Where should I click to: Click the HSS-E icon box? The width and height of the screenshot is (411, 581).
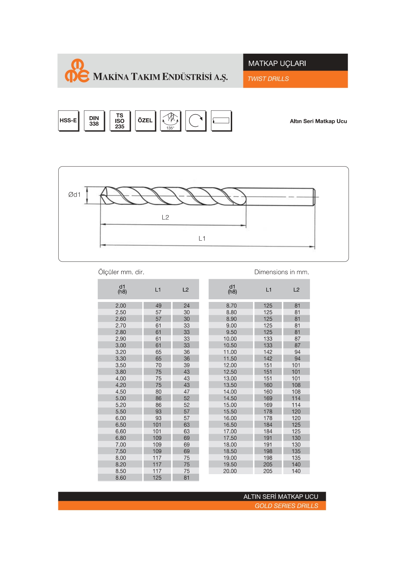coord(68,121)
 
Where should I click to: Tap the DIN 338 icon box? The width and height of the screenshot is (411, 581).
coord(94,121)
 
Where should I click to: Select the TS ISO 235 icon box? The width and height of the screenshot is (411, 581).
coord(120,121)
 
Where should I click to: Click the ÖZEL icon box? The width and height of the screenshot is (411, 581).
coord(145,121)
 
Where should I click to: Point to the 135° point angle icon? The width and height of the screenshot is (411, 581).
coord(170,121)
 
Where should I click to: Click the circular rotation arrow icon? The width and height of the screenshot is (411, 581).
coord(196,121)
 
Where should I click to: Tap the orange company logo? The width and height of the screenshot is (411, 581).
coord(77,71)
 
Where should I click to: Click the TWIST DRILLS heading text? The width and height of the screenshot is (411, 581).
coord(268,79)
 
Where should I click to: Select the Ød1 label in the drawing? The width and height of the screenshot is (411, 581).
coord(75,195)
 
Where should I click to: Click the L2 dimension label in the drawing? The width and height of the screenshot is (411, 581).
coord(165,217)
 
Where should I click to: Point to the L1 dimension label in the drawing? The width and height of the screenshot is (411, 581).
coord(202,238)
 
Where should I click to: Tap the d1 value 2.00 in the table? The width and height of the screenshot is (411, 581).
coord(121,306)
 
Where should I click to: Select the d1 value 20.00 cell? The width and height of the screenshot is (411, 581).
coord(230,471)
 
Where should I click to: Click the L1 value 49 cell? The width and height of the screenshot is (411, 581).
coord(158,306)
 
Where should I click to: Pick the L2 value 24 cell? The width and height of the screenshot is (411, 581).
coord(186,306)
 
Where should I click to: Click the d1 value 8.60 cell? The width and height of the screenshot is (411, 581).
coord(121,478)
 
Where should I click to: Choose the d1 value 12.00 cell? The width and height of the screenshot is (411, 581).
coord(230,365)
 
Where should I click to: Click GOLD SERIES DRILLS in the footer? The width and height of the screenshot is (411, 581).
coord(286,506)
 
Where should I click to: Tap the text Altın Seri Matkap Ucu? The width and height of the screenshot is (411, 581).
coord(318,121)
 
